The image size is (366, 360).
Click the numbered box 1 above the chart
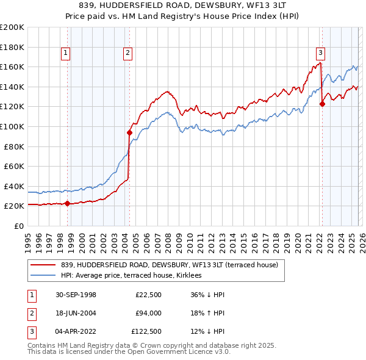pyautogui.click(x=65, y=53)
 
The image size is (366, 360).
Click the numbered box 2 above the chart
pyautogui.click(x=127, y=53)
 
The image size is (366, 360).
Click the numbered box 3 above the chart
pyautogui.click(x=320, y=53)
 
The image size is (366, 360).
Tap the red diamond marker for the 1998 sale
pyautogui.click(x=66, y=204)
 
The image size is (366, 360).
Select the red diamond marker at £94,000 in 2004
pyautogui.click(x=129, y=132)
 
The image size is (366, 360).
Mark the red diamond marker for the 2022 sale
pyautogui.click(x=322, y=104)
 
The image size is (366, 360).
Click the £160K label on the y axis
pyautogui.click(x=13, y=67)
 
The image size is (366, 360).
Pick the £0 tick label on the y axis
pyautogui.click(x=18, y=226)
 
